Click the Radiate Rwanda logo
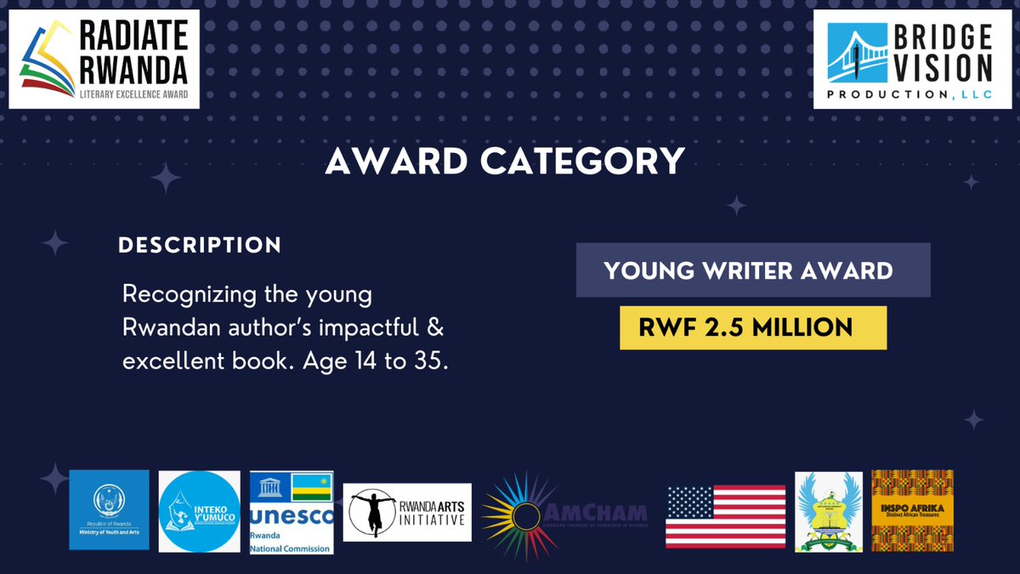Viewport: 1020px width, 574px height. pos(104,59)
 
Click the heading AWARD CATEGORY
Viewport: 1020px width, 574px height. pos(505,161)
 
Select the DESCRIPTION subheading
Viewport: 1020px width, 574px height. pos(200,246)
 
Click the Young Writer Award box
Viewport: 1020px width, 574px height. pos(752,270)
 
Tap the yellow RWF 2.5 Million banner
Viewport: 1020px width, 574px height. pos(752,327)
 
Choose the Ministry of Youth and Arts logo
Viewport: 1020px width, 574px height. pos(109,510)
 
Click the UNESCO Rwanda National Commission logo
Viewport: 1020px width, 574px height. pos(292,512)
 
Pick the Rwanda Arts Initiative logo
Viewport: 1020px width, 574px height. pos(408,513)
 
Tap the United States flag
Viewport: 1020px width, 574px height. pos(725,515)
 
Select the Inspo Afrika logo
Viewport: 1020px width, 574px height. pos(912,510)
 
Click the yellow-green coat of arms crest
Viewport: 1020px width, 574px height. pos(828,511)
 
